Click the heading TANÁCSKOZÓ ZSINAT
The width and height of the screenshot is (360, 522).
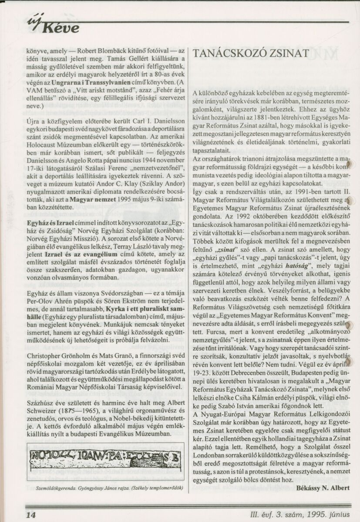click(x=251, y=53)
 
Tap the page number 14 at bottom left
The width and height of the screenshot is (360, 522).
click(x=30, y=515)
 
